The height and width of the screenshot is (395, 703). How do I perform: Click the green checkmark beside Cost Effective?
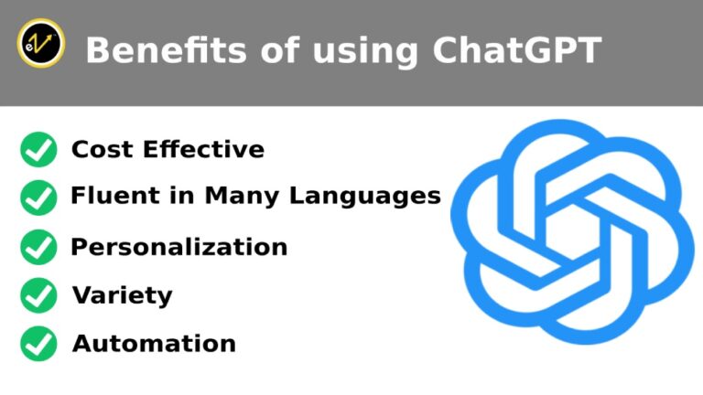(x=38, y=149)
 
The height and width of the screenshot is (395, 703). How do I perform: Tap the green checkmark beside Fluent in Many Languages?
(x=38, y=196)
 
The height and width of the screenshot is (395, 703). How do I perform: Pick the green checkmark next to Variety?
(x=38, y=295)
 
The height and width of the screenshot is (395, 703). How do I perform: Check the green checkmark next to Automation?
(x=38, y=344)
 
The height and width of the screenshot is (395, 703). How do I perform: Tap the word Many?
(x=240, y=197)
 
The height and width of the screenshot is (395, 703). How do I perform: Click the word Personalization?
(x=179, y=247)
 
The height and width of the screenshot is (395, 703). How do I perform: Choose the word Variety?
(x=122, y=295)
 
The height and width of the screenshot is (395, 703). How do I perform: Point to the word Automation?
(x=154, y=344)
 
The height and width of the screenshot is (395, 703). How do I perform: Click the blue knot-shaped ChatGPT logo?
(x=572, y=232)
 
